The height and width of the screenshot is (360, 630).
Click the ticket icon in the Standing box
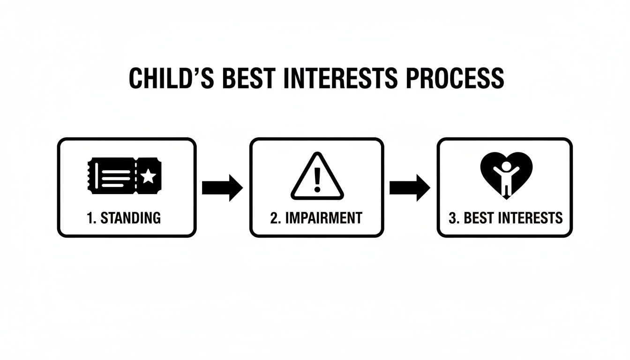click(124, 176)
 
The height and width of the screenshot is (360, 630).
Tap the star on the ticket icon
click(149, 176)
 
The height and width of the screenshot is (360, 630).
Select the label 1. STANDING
click(124, 218)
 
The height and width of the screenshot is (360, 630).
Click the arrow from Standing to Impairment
click(222, 187)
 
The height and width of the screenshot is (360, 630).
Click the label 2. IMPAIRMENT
click(316, 218)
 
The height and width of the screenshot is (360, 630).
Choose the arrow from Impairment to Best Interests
click(410, 187)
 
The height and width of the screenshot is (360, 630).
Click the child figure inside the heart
click(506, 178)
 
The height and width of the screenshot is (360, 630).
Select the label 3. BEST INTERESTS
click(505, 218)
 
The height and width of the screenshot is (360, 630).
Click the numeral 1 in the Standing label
click(90, 218)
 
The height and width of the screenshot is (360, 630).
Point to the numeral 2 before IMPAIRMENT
click(274, 218)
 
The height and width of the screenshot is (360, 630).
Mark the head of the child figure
click(506, 165)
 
